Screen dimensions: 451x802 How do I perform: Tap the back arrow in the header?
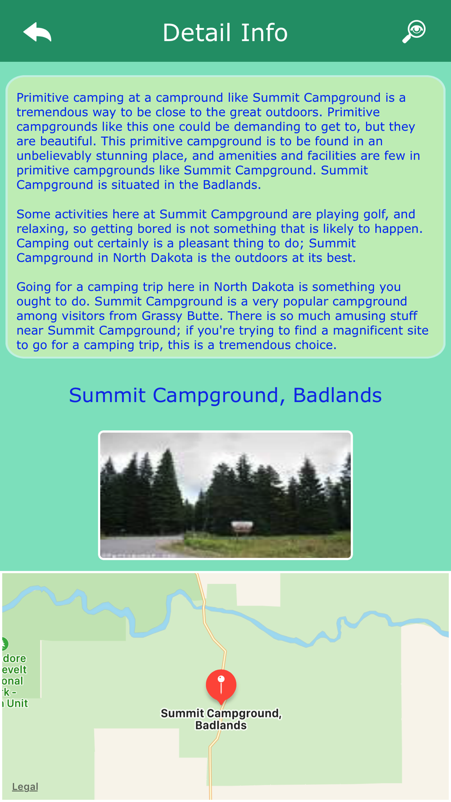coord(37,32)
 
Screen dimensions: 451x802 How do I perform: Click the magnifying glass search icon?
coord(414,32)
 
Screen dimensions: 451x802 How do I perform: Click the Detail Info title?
coord(225,32)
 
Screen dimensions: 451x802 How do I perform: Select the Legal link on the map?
coord(25,786)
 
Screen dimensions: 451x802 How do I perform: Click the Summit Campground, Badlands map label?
coord(221,719)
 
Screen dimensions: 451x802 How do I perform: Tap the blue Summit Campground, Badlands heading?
coord(225,395)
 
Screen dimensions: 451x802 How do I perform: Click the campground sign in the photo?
coord(242,526)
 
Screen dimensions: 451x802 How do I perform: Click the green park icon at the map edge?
coord(4,644)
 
